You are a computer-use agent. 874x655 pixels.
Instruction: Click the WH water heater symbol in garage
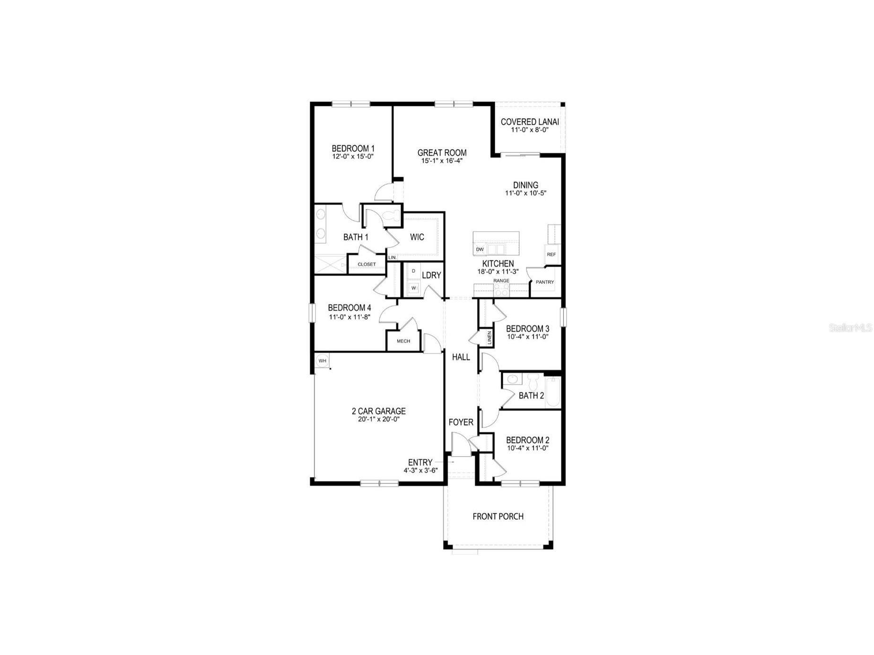click(x=322, y=361)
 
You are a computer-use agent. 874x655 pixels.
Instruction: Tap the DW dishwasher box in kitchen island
click(x=480, y=249)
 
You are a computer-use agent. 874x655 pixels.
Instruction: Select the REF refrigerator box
click(x=551, y=254)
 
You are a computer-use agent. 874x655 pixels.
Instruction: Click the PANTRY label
click(x=544, y=282)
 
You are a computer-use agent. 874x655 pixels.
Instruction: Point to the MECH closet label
click(x=403, y=341)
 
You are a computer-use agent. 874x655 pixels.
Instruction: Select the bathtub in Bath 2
click(x=552, y=392)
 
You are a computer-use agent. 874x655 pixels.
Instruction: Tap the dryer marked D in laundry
click(x=413, y=271)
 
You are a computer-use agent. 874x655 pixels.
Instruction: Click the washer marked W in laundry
click(x=413, y=287)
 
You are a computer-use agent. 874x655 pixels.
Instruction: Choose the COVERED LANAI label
click(x=529, y=122)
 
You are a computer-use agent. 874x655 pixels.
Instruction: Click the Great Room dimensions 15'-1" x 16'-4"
click(x=442, y=161)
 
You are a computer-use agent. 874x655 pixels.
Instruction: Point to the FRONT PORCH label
click(x=498, y=517)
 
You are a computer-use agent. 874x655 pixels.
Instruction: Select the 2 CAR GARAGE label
click(x=378, y=411)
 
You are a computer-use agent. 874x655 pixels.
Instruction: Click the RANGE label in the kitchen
click(x=501, y=281)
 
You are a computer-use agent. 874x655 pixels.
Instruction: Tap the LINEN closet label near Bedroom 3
click(x=489, y=337)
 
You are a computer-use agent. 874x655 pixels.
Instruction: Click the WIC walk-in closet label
click(x=417, y=237)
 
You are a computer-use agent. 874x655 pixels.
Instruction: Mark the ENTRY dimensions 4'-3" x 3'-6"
click(x=420, y=471)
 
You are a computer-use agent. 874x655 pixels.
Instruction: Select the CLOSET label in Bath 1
click(x=367, y=265)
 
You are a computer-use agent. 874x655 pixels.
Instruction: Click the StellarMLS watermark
click(x=850, y=327)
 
